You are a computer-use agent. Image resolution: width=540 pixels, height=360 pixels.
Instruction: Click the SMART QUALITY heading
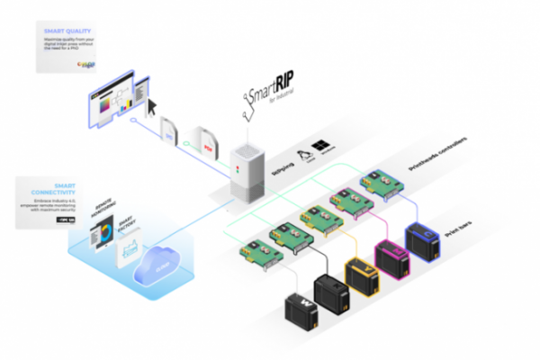tap(64, 31)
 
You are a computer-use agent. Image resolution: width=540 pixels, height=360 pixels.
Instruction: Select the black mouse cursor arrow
tap(152, 104)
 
